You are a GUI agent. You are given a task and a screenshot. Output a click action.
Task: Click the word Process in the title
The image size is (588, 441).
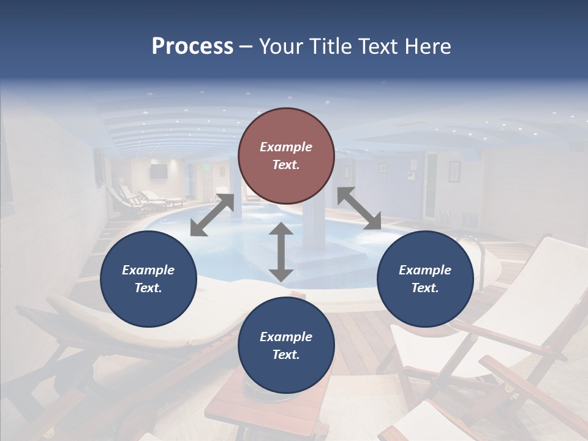click(192, 47)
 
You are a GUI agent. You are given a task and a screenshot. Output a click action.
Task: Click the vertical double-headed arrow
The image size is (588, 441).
click(281, 252)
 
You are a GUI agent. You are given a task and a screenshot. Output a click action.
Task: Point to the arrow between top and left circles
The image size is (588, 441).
click(212, 214)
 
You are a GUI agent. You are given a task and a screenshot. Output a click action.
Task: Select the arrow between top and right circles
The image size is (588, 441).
click(359, 208)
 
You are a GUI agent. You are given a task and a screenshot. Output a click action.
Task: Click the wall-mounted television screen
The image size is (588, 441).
click(159, 171)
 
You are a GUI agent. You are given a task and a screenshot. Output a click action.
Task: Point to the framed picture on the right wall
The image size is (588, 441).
click(454, 171)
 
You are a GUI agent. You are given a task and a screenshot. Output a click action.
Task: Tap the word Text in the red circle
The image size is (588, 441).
click(285, 165)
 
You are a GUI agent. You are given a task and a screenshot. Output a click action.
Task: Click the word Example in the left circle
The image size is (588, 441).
click(148, 270)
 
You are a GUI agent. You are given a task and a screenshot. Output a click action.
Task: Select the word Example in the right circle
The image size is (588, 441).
click(425, 270)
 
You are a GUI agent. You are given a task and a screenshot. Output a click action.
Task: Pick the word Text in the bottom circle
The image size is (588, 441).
click(285, 355)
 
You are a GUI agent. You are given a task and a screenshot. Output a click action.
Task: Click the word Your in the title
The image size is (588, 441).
click(279, 47)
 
